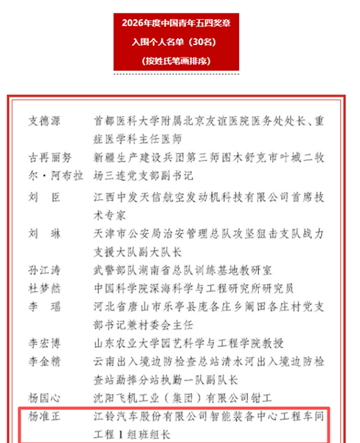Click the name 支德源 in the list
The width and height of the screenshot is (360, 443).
pyautogui.click(x=46, y=120)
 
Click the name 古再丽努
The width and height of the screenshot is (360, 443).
pyautogui.click(x=50, y=157)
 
